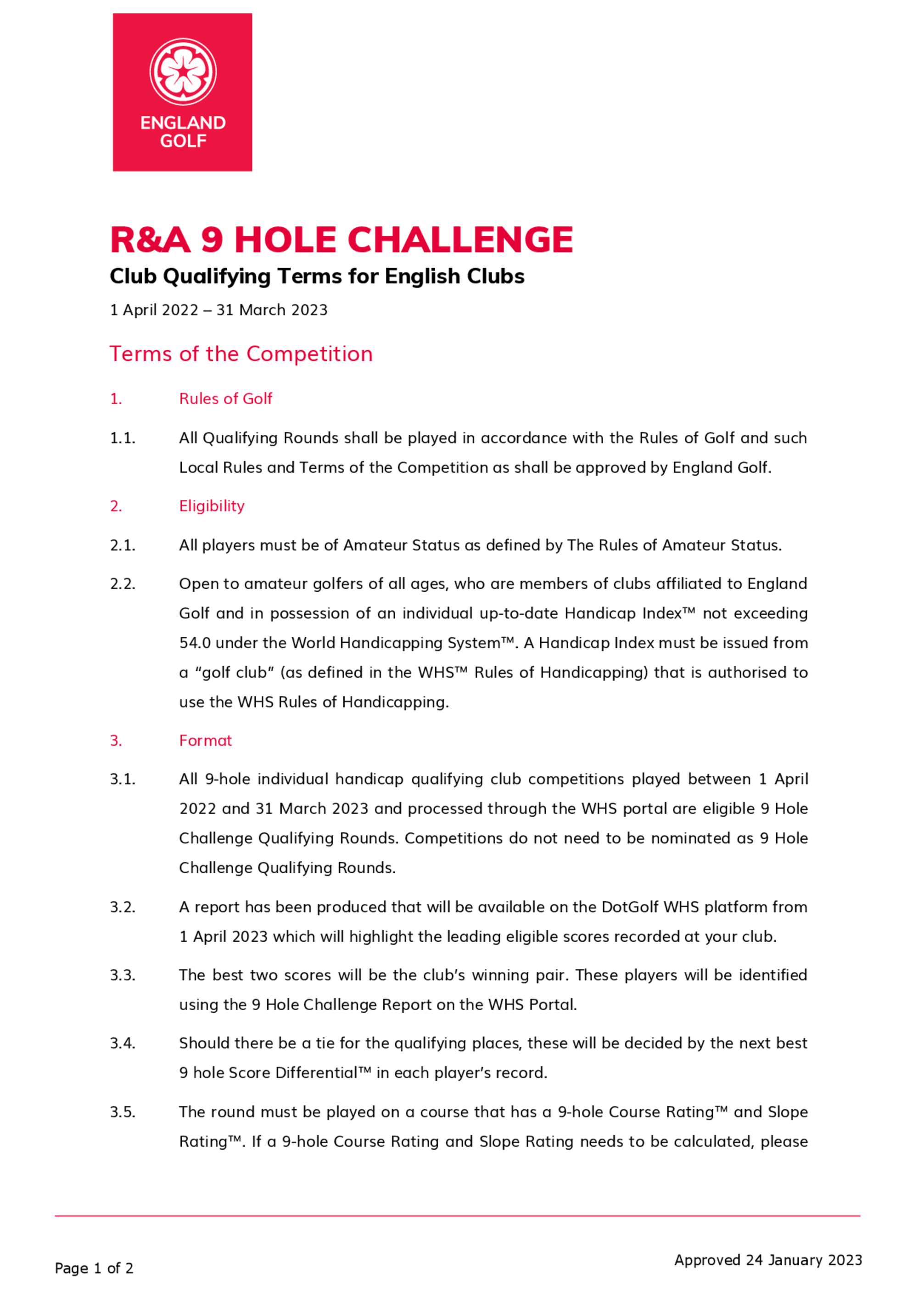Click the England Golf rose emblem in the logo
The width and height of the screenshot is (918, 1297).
click(x=183, y=71)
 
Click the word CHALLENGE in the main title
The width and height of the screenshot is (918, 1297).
click(x=460, y=240)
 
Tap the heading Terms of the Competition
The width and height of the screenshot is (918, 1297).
click(x=241, y=354)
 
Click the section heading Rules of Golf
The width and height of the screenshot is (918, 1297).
click(x=225, y=399)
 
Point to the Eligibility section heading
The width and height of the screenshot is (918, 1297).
click(x=212, y=505)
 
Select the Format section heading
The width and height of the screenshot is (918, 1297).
click(x=205, y=740)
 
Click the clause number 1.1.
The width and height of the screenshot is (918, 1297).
click(x=123, y=438)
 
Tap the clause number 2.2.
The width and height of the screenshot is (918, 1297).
click(x=123, y=584)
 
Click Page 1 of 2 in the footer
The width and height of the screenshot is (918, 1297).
click(x=94, y=1268)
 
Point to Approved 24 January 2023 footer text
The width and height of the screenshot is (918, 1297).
click(x=767, y=1260)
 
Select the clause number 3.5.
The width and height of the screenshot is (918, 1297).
click(x=123, y=1112)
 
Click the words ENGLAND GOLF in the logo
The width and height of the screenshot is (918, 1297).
click(x=183, y=132)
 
